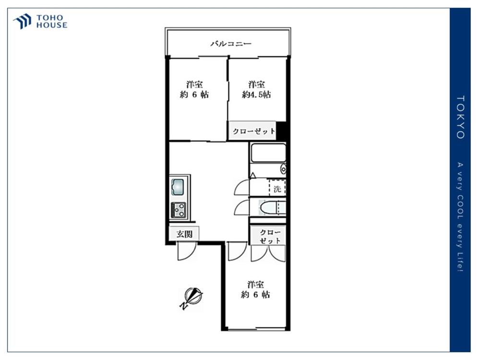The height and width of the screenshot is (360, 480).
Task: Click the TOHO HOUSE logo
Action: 40,22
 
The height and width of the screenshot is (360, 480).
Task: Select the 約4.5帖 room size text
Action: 256,95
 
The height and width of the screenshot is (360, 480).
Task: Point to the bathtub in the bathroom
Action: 267,155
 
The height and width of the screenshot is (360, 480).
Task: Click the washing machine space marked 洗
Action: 277,188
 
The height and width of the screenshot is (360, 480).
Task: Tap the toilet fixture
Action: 269,207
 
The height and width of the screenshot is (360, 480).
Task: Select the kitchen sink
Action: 178,186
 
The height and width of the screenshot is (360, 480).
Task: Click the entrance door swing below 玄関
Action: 187,252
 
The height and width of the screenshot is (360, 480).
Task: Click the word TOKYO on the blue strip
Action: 460,117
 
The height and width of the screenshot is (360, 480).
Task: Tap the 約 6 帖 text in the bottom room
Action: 255,294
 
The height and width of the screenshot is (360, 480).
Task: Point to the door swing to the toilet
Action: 242,207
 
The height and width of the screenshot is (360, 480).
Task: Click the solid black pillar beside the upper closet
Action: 282,131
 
